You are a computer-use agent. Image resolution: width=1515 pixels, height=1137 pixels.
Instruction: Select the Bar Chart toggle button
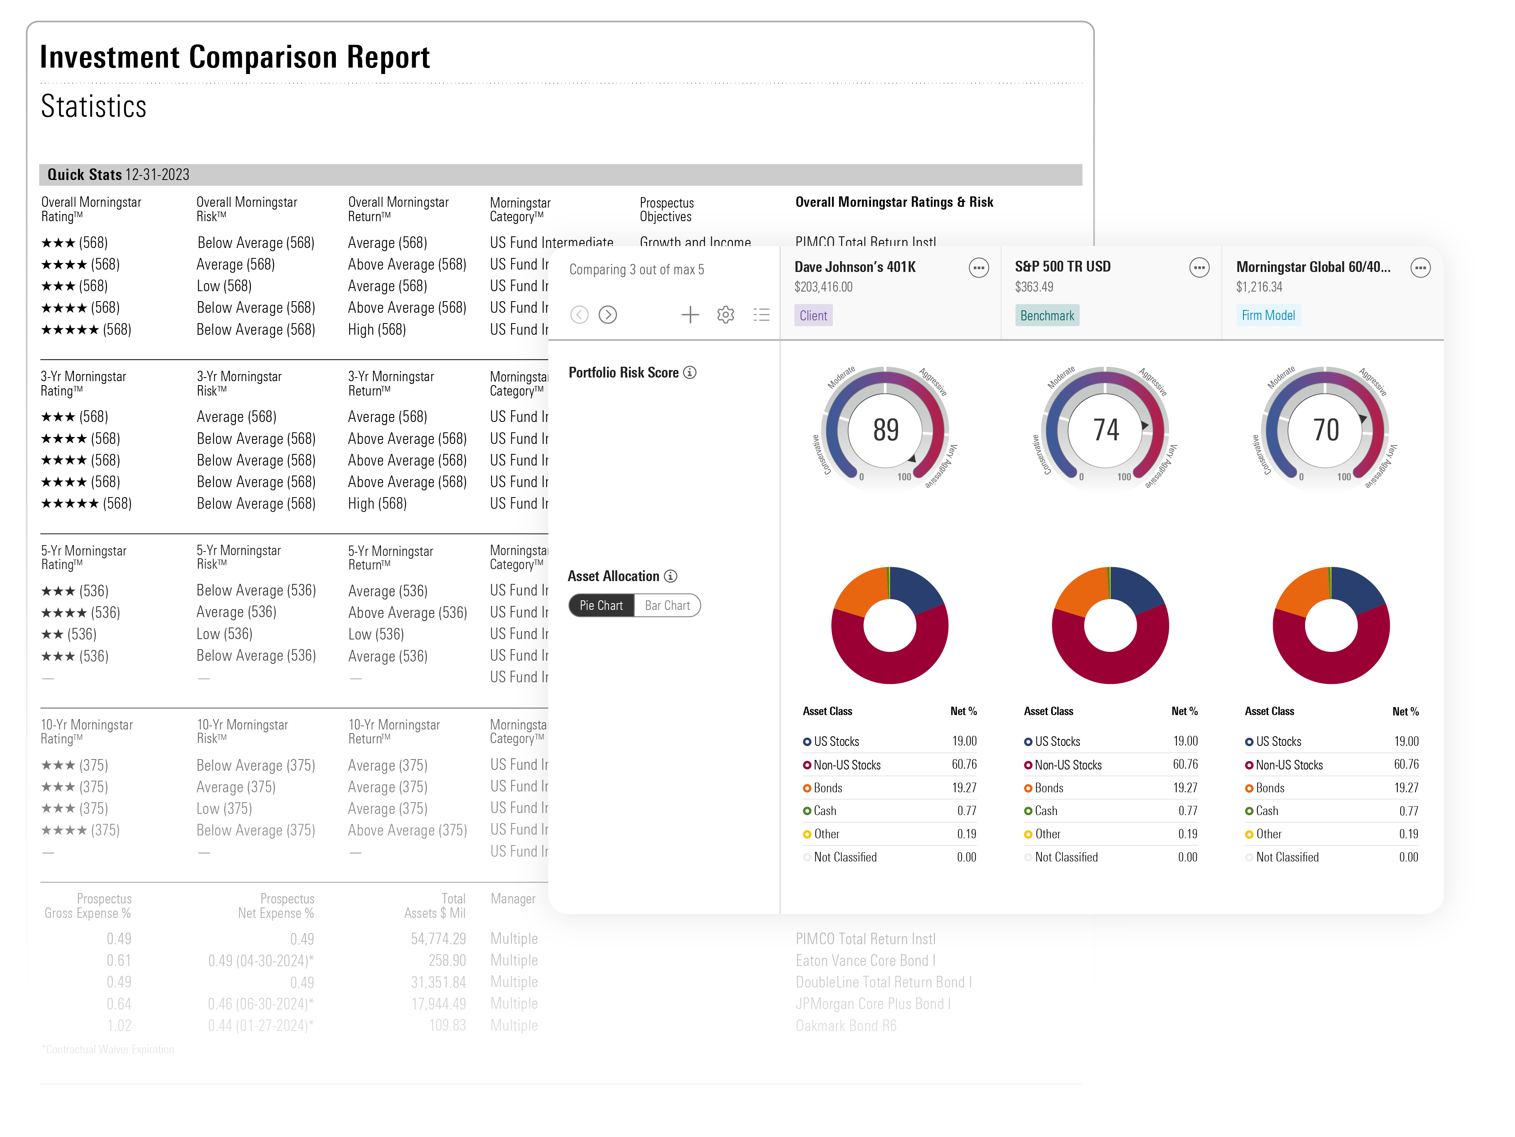(667, 605)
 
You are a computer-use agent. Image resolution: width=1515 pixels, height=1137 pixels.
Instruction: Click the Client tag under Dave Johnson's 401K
(813, 316)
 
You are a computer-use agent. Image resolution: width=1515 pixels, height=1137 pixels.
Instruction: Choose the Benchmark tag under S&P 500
(1046, 316)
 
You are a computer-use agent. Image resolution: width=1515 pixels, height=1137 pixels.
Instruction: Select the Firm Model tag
(1268, 316)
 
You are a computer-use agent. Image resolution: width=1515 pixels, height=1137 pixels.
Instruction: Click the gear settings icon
(725, 315)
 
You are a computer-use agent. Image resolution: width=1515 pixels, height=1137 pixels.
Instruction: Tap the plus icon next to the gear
(690, 315)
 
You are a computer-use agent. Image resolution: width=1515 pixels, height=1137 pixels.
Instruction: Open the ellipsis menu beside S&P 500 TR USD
(1199, 268)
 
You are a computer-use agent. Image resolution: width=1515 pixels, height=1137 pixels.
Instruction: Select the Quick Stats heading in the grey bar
(85, 175)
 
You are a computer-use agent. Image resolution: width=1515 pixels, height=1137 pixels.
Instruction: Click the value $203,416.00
(823, 287)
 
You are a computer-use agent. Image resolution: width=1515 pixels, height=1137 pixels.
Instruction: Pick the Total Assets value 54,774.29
(438, 938)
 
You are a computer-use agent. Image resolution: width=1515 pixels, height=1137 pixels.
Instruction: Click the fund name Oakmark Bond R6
(846, 1025)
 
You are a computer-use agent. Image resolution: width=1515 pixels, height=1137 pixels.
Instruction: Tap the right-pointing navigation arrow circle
(607, 315)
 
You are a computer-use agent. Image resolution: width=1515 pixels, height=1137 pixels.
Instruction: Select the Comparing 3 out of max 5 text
(636, 270)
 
